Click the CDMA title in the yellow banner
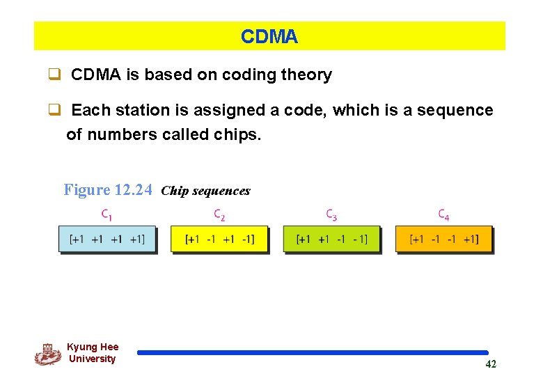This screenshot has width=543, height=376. [x=269, y=37]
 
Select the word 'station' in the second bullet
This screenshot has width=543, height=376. [x=145, y=110]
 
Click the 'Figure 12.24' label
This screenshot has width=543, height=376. [x=107, y=190]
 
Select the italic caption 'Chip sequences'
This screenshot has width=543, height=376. [x=205, y=191]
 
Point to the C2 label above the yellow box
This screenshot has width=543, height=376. [x=219, y=214]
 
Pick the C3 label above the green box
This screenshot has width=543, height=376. [x=331, y=214]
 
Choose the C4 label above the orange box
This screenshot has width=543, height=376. [x=443, y=214]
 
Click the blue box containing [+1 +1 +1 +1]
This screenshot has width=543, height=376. [x=107, y=239]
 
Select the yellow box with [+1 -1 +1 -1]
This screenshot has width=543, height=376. [x=219, y=239]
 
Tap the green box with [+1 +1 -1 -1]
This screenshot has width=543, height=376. [x=331, y=239]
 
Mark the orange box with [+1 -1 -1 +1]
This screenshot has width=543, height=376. [x=443, y=239]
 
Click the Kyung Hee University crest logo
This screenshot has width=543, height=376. [x=48, y=354]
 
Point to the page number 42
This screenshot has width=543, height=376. [x=491, y=364]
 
